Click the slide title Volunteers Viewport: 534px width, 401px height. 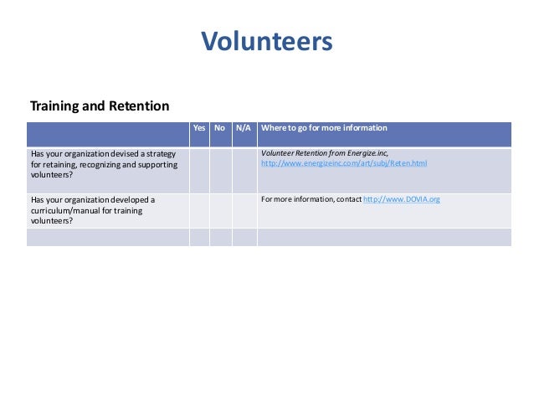pos(267,40)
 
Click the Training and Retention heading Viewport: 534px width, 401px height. pos(100,106)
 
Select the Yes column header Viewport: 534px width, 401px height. pos(199,128)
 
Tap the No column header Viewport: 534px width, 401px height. pos(220,128)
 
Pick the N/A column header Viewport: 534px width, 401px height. pos(244,128)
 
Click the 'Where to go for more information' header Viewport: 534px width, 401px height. pos(324,128)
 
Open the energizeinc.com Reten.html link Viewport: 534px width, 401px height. pos(343,163)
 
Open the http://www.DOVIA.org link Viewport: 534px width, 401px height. pos(401,199)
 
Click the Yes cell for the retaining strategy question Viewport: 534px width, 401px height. pos(199,171)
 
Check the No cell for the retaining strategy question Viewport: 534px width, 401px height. pos(220,171)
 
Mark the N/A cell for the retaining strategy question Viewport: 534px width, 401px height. pos(244,171)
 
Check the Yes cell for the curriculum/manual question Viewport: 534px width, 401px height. pos(199,210)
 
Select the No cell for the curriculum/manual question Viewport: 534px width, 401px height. pos(220,210)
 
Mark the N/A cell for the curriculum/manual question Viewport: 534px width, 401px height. pos(244,210)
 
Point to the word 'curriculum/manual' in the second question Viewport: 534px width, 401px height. pos(63,211)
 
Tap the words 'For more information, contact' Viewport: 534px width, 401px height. pos(311,199)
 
